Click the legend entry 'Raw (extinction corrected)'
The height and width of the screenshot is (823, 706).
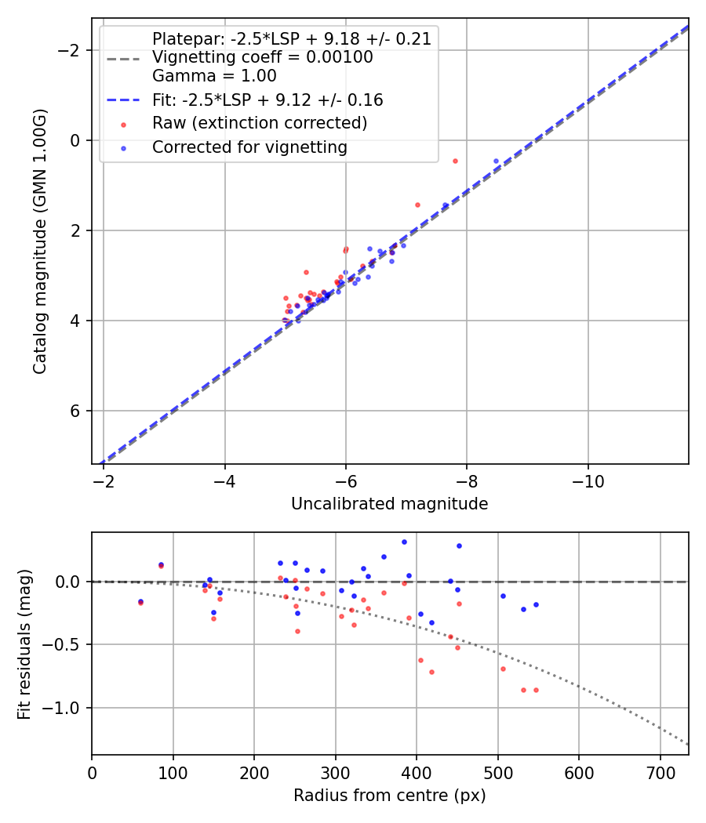pos(259,123)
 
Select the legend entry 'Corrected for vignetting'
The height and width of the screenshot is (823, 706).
pos(249,147)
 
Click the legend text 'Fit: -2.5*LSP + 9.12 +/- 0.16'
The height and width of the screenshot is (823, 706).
pos(267,100)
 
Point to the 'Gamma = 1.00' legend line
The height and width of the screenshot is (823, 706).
pos(214,76)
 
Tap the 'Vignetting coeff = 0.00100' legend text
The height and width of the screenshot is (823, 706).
pos(262,57)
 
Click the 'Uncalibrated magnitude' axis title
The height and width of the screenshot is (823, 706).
pos(389,504)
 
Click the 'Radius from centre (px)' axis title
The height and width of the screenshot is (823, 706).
pos(389,796)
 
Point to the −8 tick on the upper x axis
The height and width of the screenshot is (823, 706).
pos(467,481)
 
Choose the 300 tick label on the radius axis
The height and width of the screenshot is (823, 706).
pos(335,773)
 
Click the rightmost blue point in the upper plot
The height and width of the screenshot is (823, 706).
pos(496,161)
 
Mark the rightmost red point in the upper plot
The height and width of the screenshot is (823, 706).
pos(455,161)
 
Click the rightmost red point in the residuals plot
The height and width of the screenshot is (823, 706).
pos(536,690)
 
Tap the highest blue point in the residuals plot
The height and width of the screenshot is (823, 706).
pos(404,542)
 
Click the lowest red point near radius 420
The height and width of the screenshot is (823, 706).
pos(431,672)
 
